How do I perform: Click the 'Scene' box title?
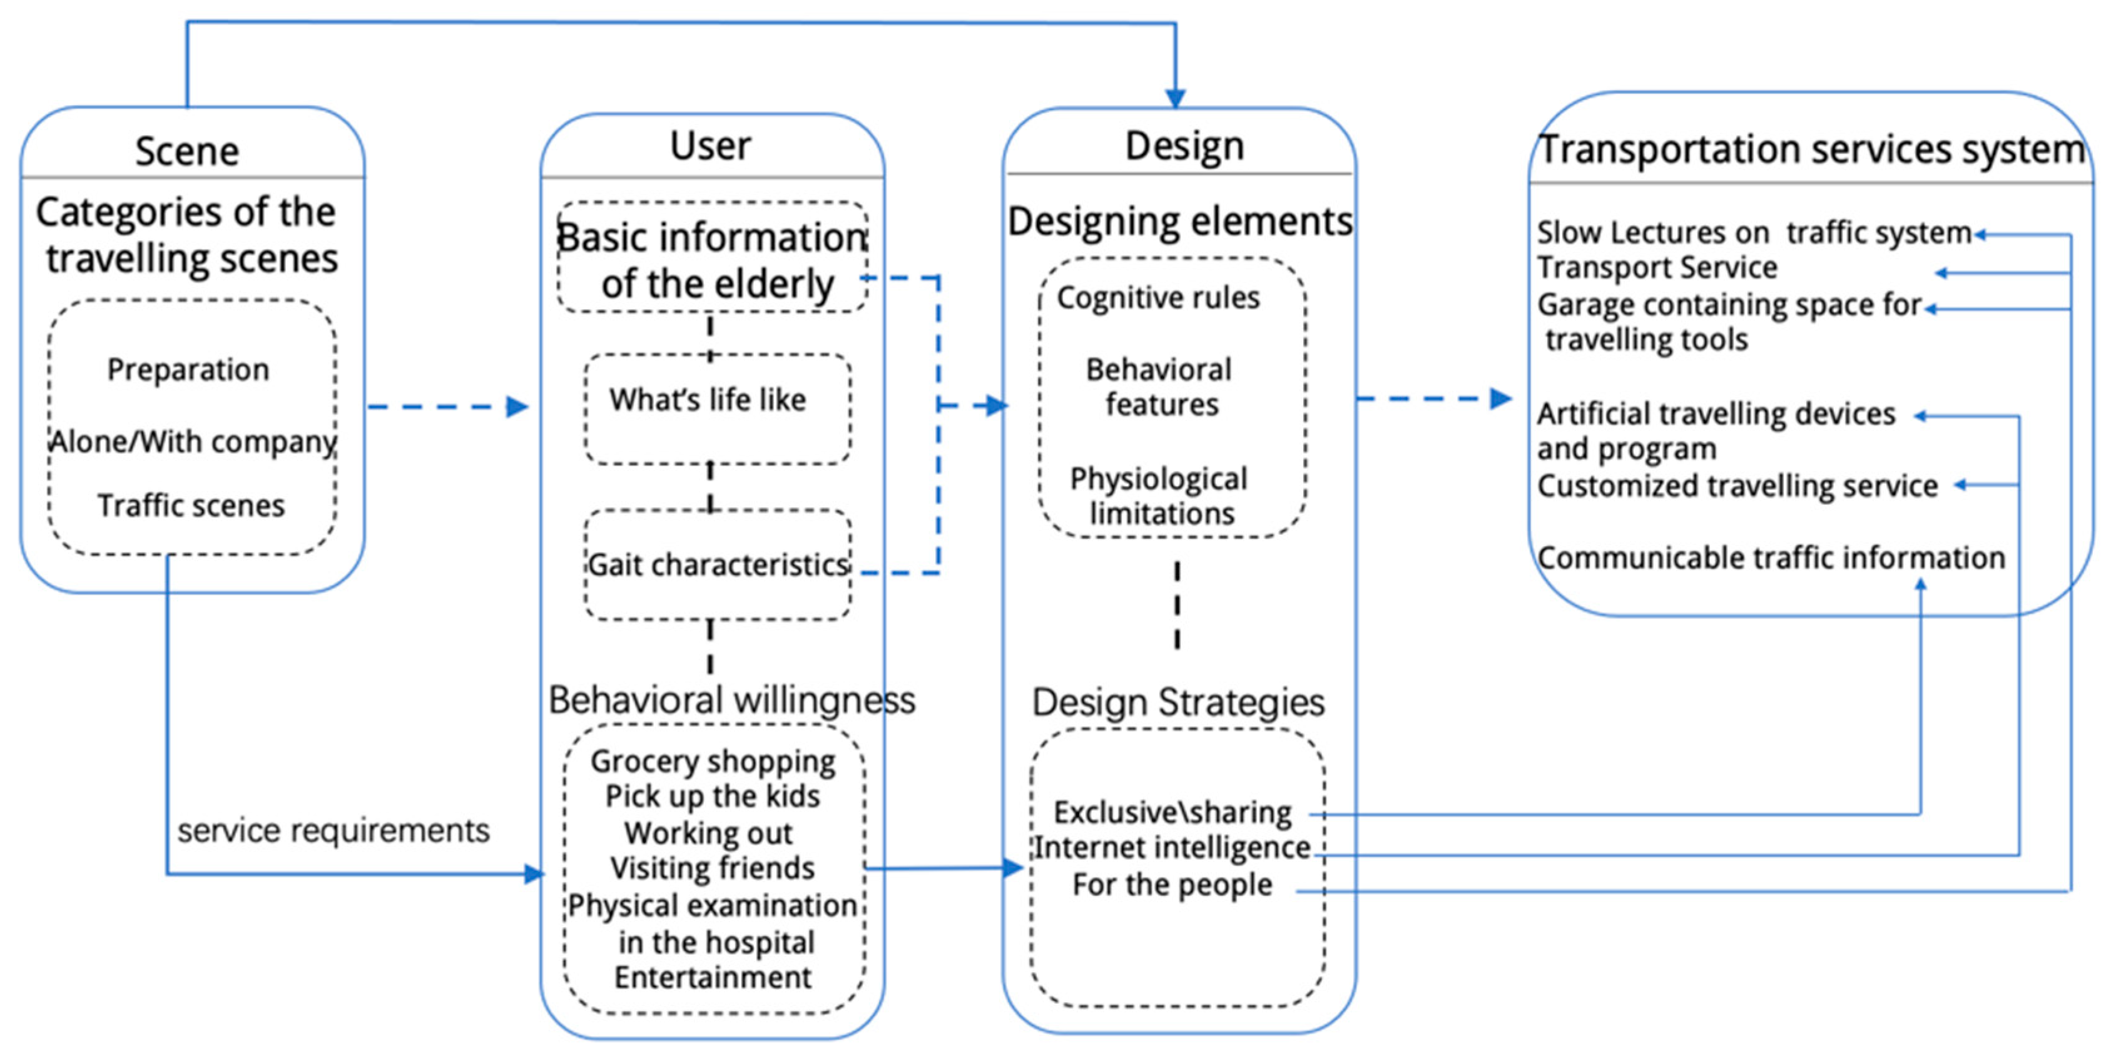pos(187,151)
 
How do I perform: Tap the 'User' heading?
pos(710,146)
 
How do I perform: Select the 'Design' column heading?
pos(1184,146)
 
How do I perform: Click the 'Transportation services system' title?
pos(1811,150)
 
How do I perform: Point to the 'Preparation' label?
pos(188,370)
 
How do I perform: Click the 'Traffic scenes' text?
pos(191,506)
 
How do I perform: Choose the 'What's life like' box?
pos(717,409)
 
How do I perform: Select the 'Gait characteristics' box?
pos(717,565)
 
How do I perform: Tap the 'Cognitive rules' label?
pos(1157,297)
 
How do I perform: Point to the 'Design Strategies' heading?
pos(1178,703)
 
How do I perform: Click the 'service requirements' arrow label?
pos(333,831)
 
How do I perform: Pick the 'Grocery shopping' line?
pos(713,761)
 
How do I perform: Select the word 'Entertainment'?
pos(713,977)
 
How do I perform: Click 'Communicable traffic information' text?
pos(1771,558)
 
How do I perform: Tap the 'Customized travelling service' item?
pos(1737,486)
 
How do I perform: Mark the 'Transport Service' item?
pos(1657,268)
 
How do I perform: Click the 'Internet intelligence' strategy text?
pos(1172,847)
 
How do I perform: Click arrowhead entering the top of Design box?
pos(1175,98)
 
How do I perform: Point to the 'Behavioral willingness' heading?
pos(732,701)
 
